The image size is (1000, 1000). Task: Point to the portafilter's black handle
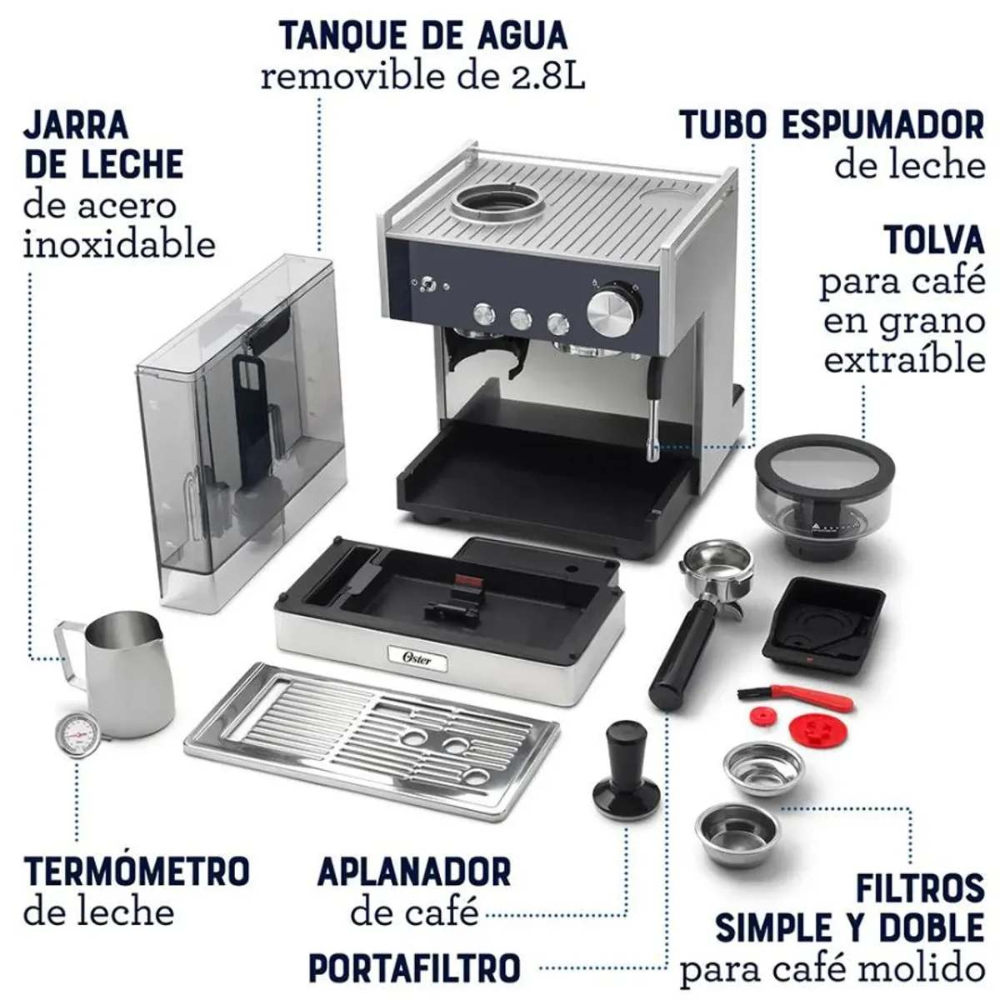pyautogui.click(x=686, y=649)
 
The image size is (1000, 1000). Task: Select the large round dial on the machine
pyautogui.click(x=613, y=311)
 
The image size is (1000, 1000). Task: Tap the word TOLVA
pyautogui.click(x=933, y=240)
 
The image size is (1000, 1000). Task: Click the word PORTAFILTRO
pyautogui.click(x=414, y=968)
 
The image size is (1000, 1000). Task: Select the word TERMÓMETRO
pyautogui.click(x=136, y=871)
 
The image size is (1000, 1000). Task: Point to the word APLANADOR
pyautogui.click(x=414, y=872)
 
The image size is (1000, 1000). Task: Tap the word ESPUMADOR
pyautogui.click(x=882, y=125)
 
